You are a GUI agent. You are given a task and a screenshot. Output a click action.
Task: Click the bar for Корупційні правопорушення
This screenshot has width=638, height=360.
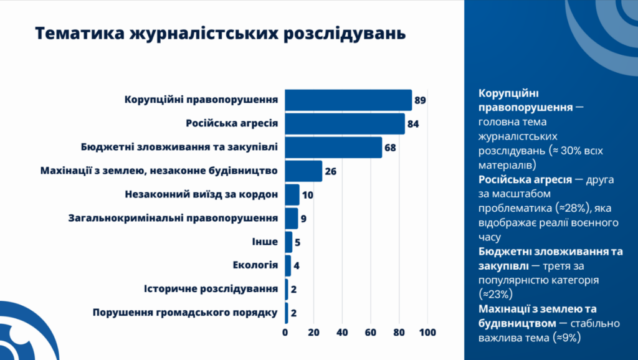[x=348, y=100]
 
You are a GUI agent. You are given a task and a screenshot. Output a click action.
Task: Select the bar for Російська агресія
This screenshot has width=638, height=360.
[x=345, y=124]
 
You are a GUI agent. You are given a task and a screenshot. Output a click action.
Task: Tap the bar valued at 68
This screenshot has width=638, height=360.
[x=333, y=148]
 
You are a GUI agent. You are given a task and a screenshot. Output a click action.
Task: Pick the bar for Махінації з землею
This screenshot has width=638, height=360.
[x=303, y=171]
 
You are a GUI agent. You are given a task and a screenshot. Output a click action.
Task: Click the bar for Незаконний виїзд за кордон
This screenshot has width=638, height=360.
[x=292, y=194]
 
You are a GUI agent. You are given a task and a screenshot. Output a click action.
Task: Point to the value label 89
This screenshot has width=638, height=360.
[x=420, y=100]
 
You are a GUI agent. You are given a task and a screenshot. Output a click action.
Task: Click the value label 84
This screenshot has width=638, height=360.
[x=413, y=124]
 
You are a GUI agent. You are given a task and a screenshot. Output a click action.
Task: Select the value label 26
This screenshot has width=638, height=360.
[x=331, y=171]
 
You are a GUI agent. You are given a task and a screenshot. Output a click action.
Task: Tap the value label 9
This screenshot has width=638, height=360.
[x=303, y=219]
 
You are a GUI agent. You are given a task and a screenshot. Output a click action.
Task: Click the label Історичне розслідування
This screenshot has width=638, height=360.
[x=211, y=289]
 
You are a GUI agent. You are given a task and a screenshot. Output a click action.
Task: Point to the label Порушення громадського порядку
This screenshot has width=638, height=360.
[x=184, y=313]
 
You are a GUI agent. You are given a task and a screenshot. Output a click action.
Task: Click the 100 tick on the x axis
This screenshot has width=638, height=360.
[x=428, y=333]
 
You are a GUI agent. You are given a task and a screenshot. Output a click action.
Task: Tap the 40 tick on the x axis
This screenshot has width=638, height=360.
[x=342, y=333]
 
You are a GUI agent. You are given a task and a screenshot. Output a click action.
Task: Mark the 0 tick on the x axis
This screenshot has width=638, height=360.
[x=285, y=333]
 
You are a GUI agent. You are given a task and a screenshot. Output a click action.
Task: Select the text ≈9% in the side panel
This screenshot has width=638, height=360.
[x=569, y=338]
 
